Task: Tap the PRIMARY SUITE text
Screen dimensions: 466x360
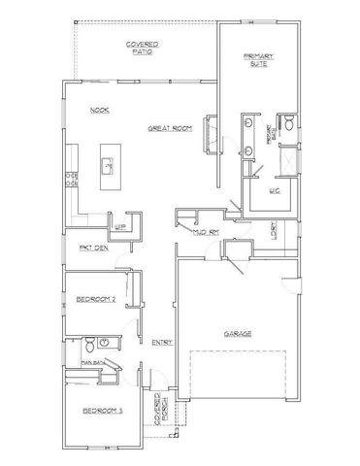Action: (x=258, y=60)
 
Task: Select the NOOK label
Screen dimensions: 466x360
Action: (x=99, y=111)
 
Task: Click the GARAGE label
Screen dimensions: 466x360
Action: (x=238, y=333)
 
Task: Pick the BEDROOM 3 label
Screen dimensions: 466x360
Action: (x=101, y=412)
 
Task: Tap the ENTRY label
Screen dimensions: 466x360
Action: (x=161, y=342)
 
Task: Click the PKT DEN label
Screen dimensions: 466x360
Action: (x=93, y=249)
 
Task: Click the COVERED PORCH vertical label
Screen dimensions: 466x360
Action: (x=160, y=416)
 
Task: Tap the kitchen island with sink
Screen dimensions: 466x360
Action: (x=110, y=167)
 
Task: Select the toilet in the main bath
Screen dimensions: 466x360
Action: (x=88, y=343)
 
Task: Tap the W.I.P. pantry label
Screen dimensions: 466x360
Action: (x=122, y=225)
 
